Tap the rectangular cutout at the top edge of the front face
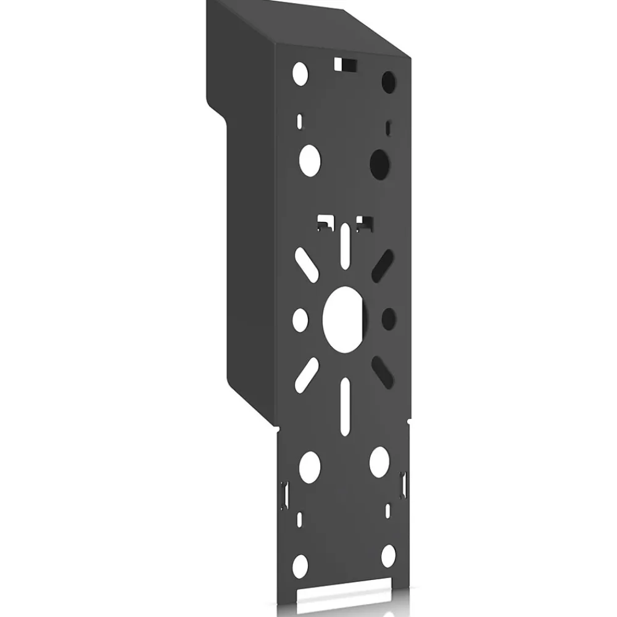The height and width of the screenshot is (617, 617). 346,64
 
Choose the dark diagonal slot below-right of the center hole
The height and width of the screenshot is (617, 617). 383,371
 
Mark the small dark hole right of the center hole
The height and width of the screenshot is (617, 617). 389,318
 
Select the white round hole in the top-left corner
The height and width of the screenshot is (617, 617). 300,73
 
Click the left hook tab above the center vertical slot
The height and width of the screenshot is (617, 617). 324,221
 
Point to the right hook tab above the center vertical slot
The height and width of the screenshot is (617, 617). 365,221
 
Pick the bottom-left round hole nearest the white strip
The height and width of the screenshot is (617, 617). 300,565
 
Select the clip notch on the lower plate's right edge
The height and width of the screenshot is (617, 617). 404,483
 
